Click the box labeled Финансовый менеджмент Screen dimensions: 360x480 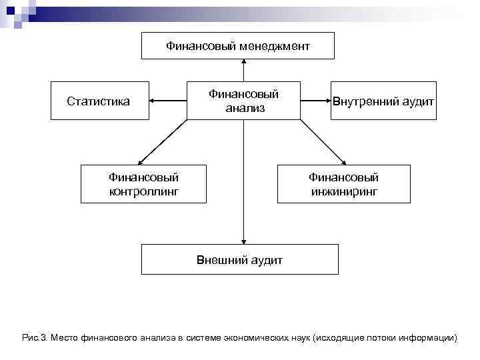click(238, 45)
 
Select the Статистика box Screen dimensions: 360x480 click(99, 101)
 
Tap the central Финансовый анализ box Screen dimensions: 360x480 click(243, 101)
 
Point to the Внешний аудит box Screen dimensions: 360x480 click(239, 259)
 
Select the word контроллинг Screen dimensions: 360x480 click(143, 192)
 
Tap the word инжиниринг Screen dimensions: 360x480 click(343, 192)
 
